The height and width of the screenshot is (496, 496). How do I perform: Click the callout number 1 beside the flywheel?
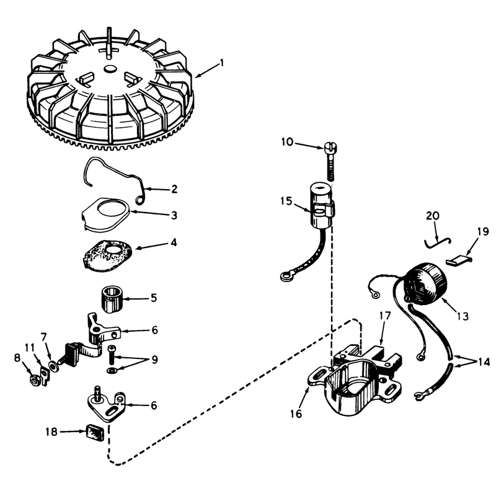click(x=222, y=63)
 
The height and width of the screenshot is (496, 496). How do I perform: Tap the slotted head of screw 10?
click(x=330, y=147)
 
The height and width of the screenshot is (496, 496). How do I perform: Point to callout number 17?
click(x=386, y=316)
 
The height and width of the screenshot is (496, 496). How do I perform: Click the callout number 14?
click(x=484, y=362)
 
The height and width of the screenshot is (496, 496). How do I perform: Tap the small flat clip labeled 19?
click(x=459, y=260)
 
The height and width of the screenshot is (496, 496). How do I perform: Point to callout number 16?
click(x=296, y=414)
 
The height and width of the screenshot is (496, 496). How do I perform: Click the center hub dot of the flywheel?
click(x=110, y=68)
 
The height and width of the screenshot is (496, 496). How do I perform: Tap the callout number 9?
click(x=154, y=360)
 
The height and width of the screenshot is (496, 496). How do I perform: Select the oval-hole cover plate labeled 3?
click(x=105, y=214)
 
